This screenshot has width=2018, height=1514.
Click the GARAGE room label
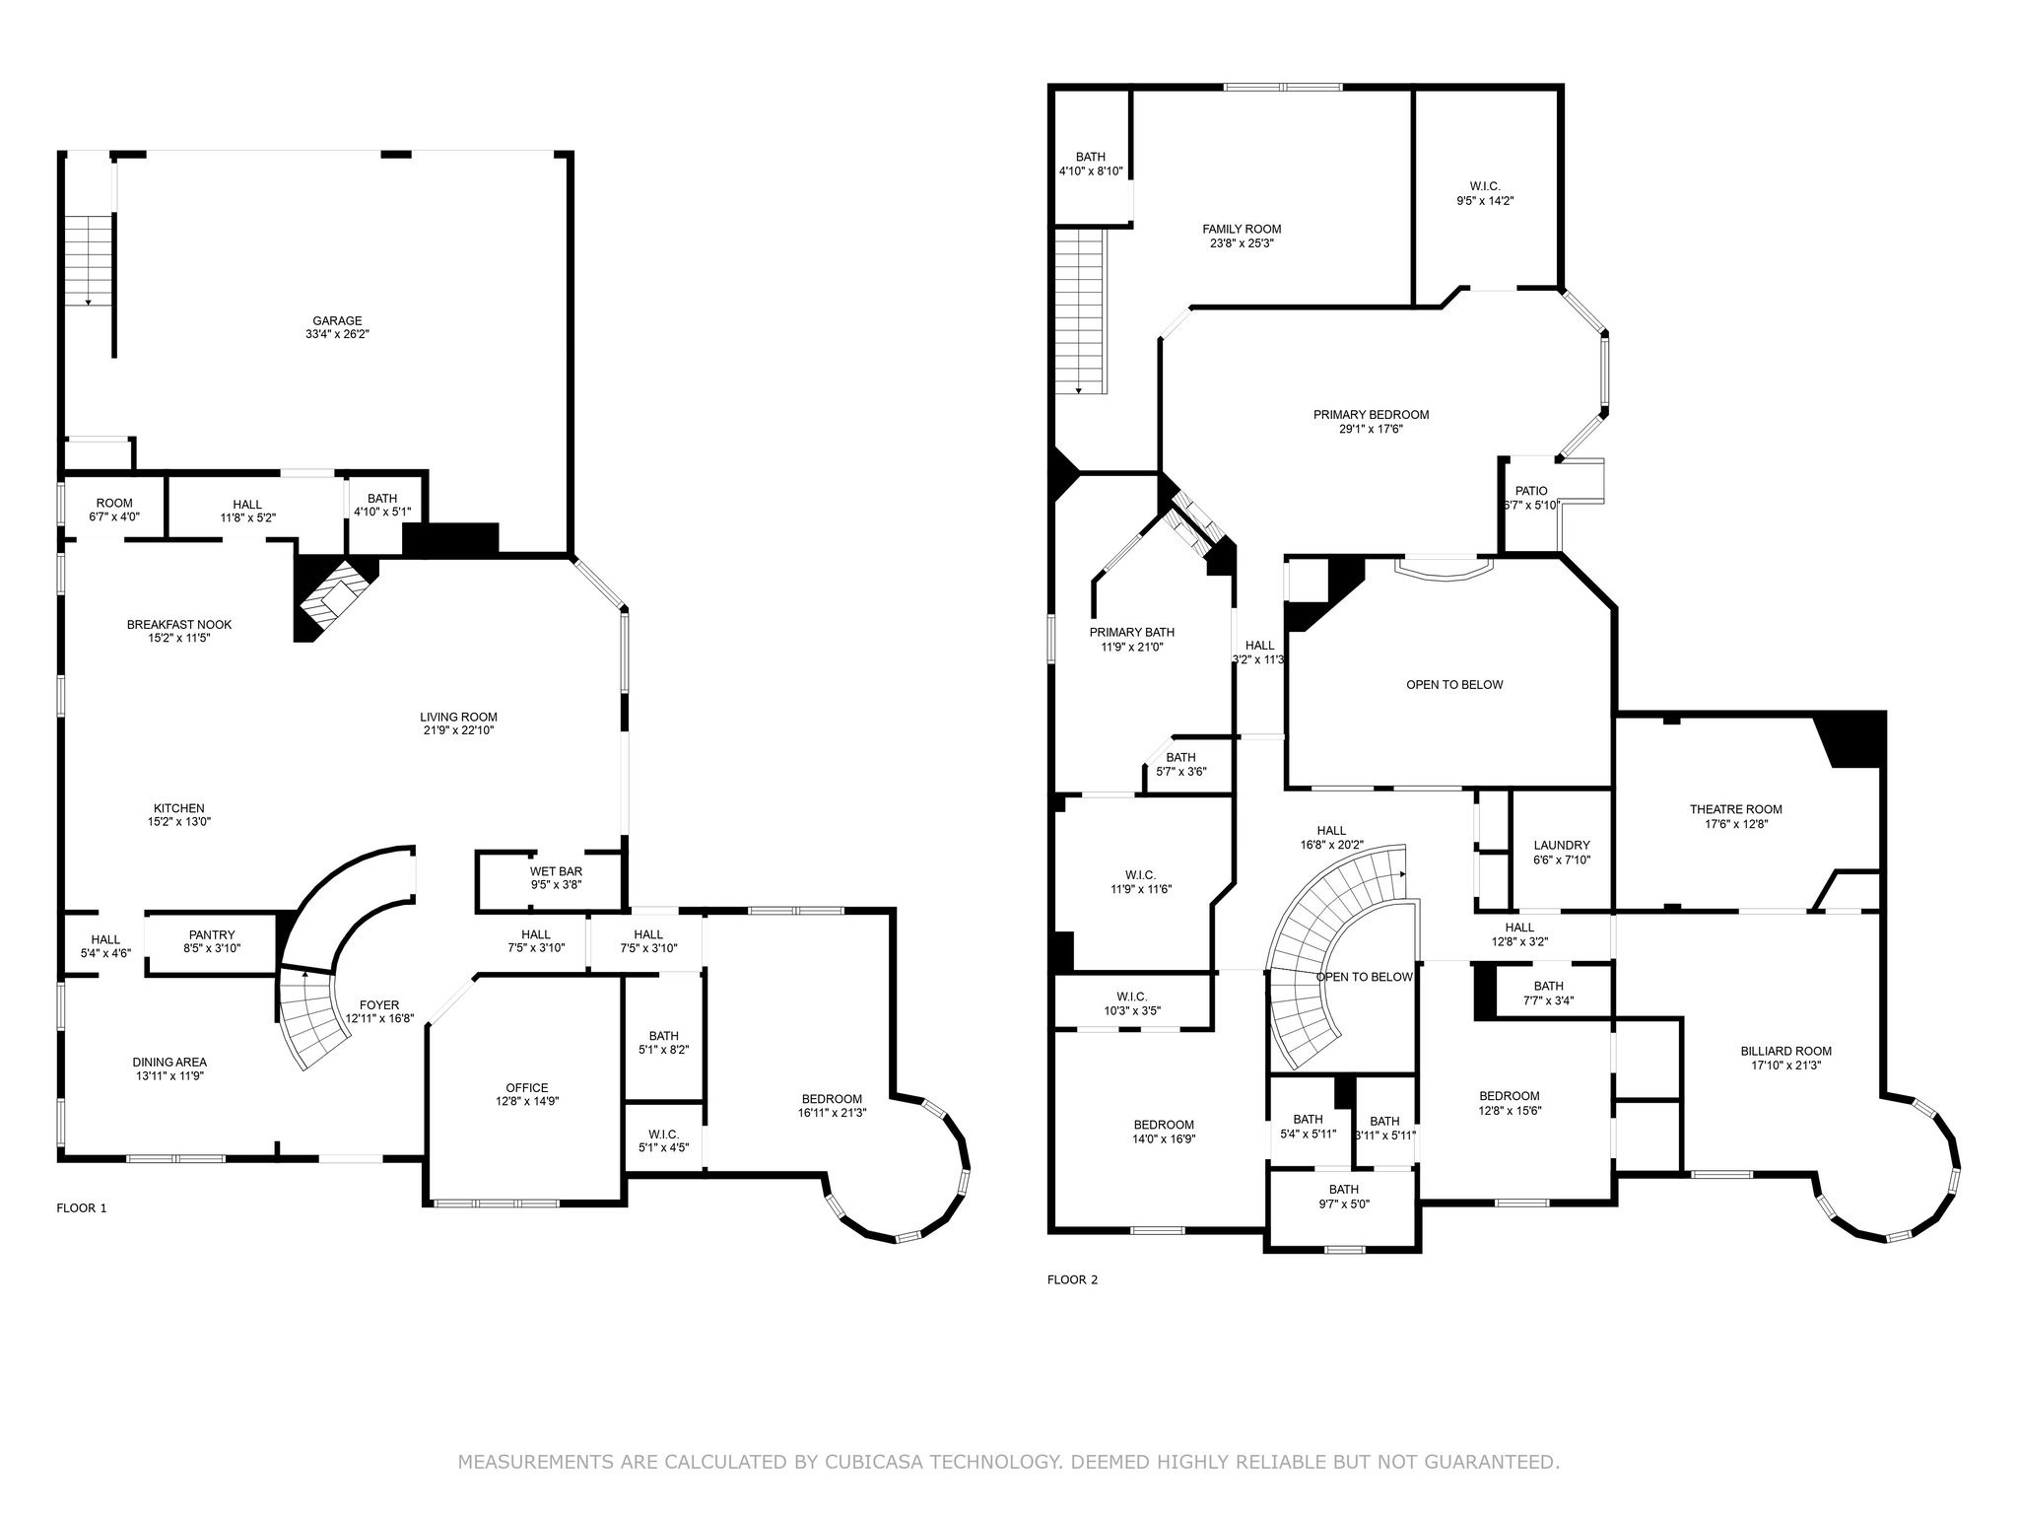click(337, 320)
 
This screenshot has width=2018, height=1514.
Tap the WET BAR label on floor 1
click(556, 871)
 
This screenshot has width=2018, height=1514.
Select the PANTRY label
click(212, 934)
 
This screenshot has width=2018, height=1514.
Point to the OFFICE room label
click(527, 1088)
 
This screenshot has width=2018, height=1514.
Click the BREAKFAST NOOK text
click(179, 624)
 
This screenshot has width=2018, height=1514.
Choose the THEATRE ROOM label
click(1735, 809)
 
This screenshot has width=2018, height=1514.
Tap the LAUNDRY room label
click(1562, 845)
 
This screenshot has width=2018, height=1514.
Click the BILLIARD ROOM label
click(1785, 1051)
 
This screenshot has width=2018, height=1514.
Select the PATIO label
click(1531, 491)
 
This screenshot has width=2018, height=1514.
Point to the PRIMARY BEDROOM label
click(1371, 415)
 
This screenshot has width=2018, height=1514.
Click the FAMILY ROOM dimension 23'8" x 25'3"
click(1242, 243)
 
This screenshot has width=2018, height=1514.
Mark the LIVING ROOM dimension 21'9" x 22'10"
click(458, 731)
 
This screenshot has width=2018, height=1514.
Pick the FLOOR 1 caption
click(82, 1207)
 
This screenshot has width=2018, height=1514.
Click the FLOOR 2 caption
click(1072, 1279)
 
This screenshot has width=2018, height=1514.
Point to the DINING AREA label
click(169, 1062)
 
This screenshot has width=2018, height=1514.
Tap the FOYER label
click(379, 1005)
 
